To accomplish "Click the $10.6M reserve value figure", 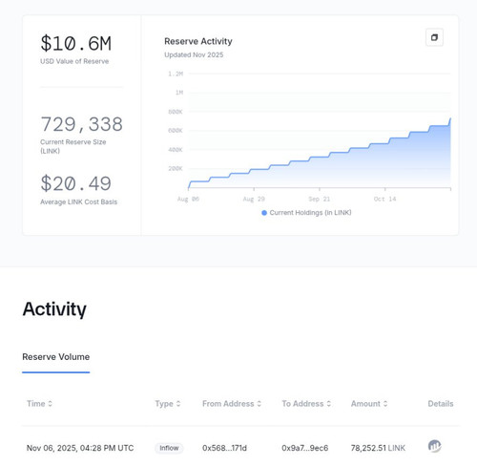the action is (x=75, y=44).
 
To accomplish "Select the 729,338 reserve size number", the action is (x=81, y=124).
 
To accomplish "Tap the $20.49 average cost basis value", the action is (x=75, y=183).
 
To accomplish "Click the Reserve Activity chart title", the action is (x=198, y=41).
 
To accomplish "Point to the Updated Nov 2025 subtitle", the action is (x=194, y=54).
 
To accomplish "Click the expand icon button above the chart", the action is (x=434, y=37).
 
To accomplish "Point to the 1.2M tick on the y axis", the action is (x=176, y=74).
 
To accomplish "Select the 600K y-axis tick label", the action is (x=176, y=131).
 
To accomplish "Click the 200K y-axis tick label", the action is (x=176, y=168).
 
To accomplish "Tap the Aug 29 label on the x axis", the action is (x=254, y=199).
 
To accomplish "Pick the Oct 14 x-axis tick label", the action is (x=384, y=199).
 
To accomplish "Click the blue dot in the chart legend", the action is (x=264, y=213).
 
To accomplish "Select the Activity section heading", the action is (x=54, y=309).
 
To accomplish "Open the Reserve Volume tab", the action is (x=56, y=357).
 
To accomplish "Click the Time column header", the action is (x=39, y=404).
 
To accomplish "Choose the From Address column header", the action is (x=232, y=404).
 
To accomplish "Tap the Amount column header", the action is (x=369, y=404).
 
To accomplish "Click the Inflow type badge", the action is (x=169, y=448).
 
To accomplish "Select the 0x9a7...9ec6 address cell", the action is (x=304, y=448).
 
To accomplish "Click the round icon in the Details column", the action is (x=434, y=446).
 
